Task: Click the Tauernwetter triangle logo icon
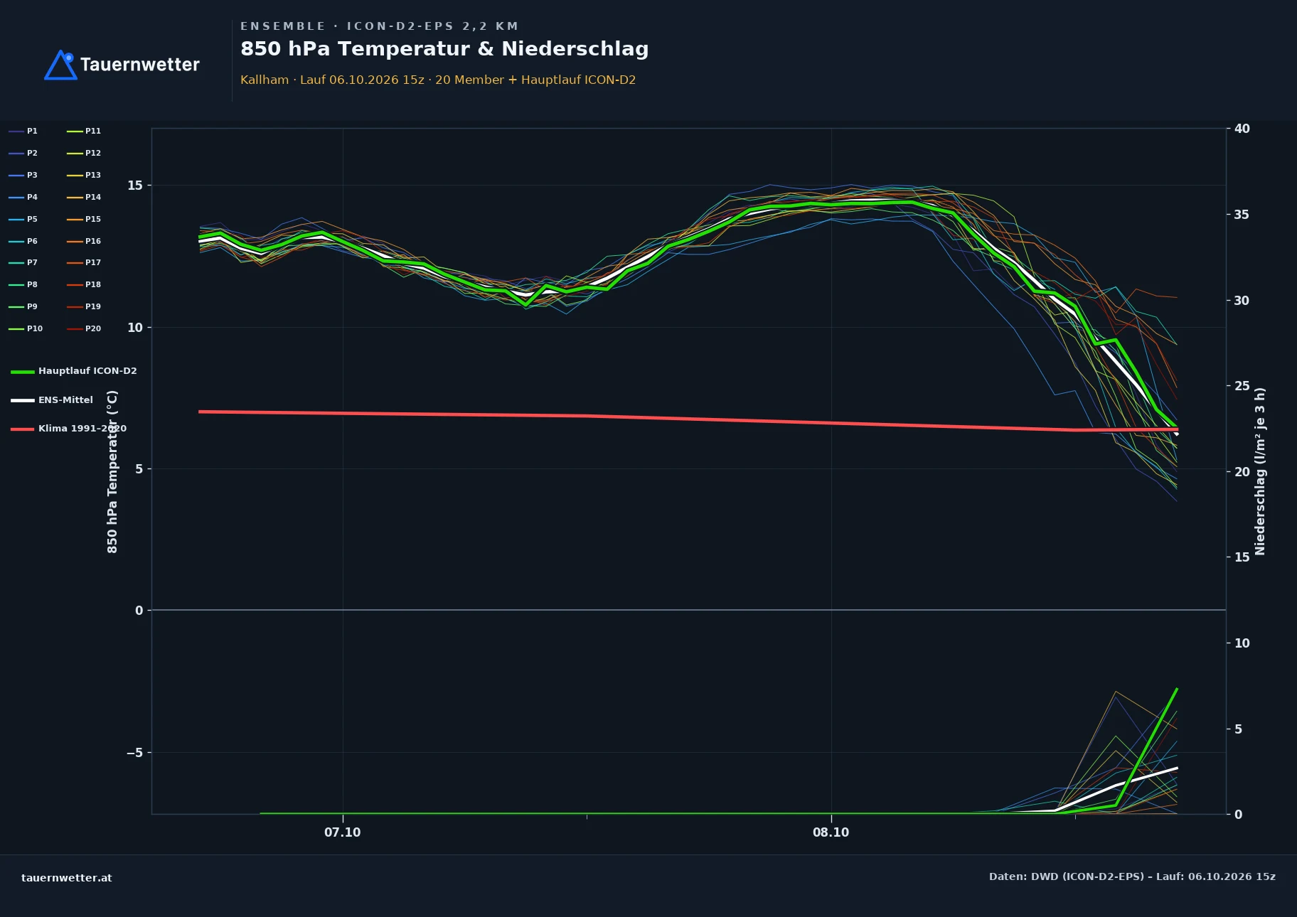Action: [x=60, y=65]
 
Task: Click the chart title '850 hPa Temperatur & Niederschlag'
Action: [x=444, y=49]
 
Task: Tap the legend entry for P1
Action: [x=23, y=131]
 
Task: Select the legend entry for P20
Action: [x=84, y=328]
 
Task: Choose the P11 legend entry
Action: [x=84, y=131]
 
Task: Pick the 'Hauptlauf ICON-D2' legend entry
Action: [x=74, y=371]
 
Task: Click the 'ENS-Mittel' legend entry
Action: [x=52, y=400]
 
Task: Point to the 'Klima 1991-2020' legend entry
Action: [x=68, y=429]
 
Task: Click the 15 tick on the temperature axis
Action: [x=135, y=186]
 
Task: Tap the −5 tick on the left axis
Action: [x=134, y=753]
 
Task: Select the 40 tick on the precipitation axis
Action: [x=1242, y=129]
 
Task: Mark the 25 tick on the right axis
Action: [x=1242, y=386]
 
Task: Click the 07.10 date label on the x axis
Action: [x=343, y=832]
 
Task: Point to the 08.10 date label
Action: [x=831, y=832]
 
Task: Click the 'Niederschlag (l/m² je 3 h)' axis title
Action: [x=1260, y=471]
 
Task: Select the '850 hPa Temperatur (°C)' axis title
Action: [x=112, y=471]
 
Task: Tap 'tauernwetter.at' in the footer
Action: [x=67, y=878]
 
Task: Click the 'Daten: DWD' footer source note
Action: [x=1132, y=876]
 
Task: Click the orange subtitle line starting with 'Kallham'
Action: [x=438, y=80]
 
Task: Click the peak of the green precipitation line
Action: [x=1177, y=689]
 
